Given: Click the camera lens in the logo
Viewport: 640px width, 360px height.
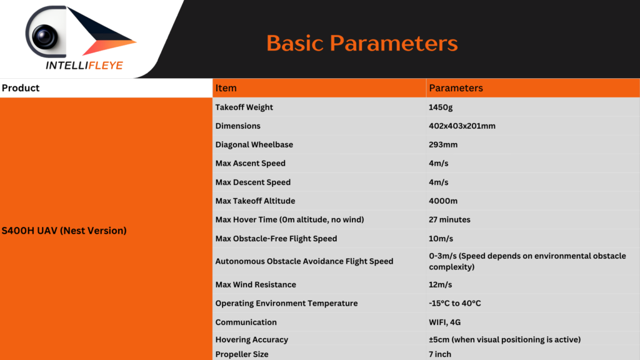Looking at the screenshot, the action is [x=45, y=36].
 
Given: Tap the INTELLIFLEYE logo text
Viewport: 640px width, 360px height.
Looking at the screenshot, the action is [x=84, y=65].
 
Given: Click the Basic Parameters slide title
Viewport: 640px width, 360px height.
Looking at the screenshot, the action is [x=362, y=43].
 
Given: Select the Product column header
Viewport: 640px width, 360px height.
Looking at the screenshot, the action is [x=21, y=87].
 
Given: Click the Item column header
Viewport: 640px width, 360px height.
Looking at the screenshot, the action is [x=226, y=87].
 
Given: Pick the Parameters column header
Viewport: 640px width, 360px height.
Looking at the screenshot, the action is [x=456, y=87].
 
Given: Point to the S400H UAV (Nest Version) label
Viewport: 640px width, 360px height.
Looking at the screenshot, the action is [x=64, y=231].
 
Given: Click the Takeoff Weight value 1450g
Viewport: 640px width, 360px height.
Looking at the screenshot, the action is [x=441, y=107].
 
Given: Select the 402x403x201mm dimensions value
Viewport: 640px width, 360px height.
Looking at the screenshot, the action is [x=462, y=126].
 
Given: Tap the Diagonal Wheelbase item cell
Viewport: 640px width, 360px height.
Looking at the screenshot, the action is [x=254, y=144].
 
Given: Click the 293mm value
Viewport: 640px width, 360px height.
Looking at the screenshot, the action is [x=443, y=144].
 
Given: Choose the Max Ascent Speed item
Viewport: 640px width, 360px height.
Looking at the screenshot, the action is [x=250, y=163].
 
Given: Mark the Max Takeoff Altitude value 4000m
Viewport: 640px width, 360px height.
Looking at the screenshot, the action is [x=443, y=201].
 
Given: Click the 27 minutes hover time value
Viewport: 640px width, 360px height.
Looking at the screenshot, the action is [x=449, y=219].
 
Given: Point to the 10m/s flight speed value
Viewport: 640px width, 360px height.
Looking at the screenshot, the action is [x=441, y=238].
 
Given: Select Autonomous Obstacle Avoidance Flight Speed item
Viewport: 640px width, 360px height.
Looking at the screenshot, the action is [x=304, y=261].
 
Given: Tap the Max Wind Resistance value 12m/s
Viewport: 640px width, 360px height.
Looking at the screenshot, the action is [x=440, y=284].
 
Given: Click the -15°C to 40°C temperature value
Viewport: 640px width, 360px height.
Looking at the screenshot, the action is [x=455, y=303].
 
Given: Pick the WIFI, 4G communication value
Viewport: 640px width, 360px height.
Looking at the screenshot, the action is [x=444, y=322].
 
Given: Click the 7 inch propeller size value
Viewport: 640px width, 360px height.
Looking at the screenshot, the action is [x=439, y=354].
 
